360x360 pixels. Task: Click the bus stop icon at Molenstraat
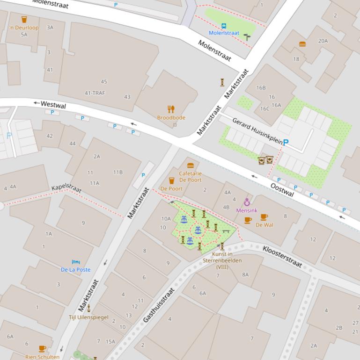click(x=224, y=26)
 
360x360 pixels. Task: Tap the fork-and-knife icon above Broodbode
click(x=171, y=109)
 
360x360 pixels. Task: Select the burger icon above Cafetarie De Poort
click(x=190, y=166)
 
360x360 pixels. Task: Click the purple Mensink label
click(x=247, y=210)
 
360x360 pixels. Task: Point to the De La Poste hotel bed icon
click(x=75, y=262)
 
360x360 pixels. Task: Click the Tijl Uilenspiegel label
click(x=88, y=317)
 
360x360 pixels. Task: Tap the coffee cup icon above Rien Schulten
click(x=42, y=349)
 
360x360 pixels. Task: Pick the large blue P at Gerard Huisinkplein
click(x=286, y=143)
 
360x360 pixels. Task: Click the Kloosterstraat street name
click(x=282, y=257)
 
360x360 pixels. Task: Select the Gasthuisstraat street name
click(x=159, y=305)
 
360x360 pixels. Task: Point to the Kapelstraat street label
click(x=66, y=187)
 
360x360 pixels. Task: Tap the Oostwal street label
click(x=282, y=189)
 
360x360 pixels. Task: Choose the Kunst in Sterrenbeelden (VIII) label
click(x=222, y=260)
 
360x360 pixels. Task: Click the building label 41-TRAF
click(x=95, y=93)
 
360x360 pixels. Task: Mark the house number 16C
click(x=265, y=109)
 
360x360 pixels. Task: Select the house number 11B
click(x=118, y=172)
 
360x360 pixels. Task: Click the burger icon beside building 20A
click(x=302, y=44)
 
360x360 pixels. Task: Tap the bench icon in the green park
click(x=226, y=230)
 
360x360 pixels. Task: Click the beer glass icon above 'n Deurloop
click(x=24, y=20)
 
